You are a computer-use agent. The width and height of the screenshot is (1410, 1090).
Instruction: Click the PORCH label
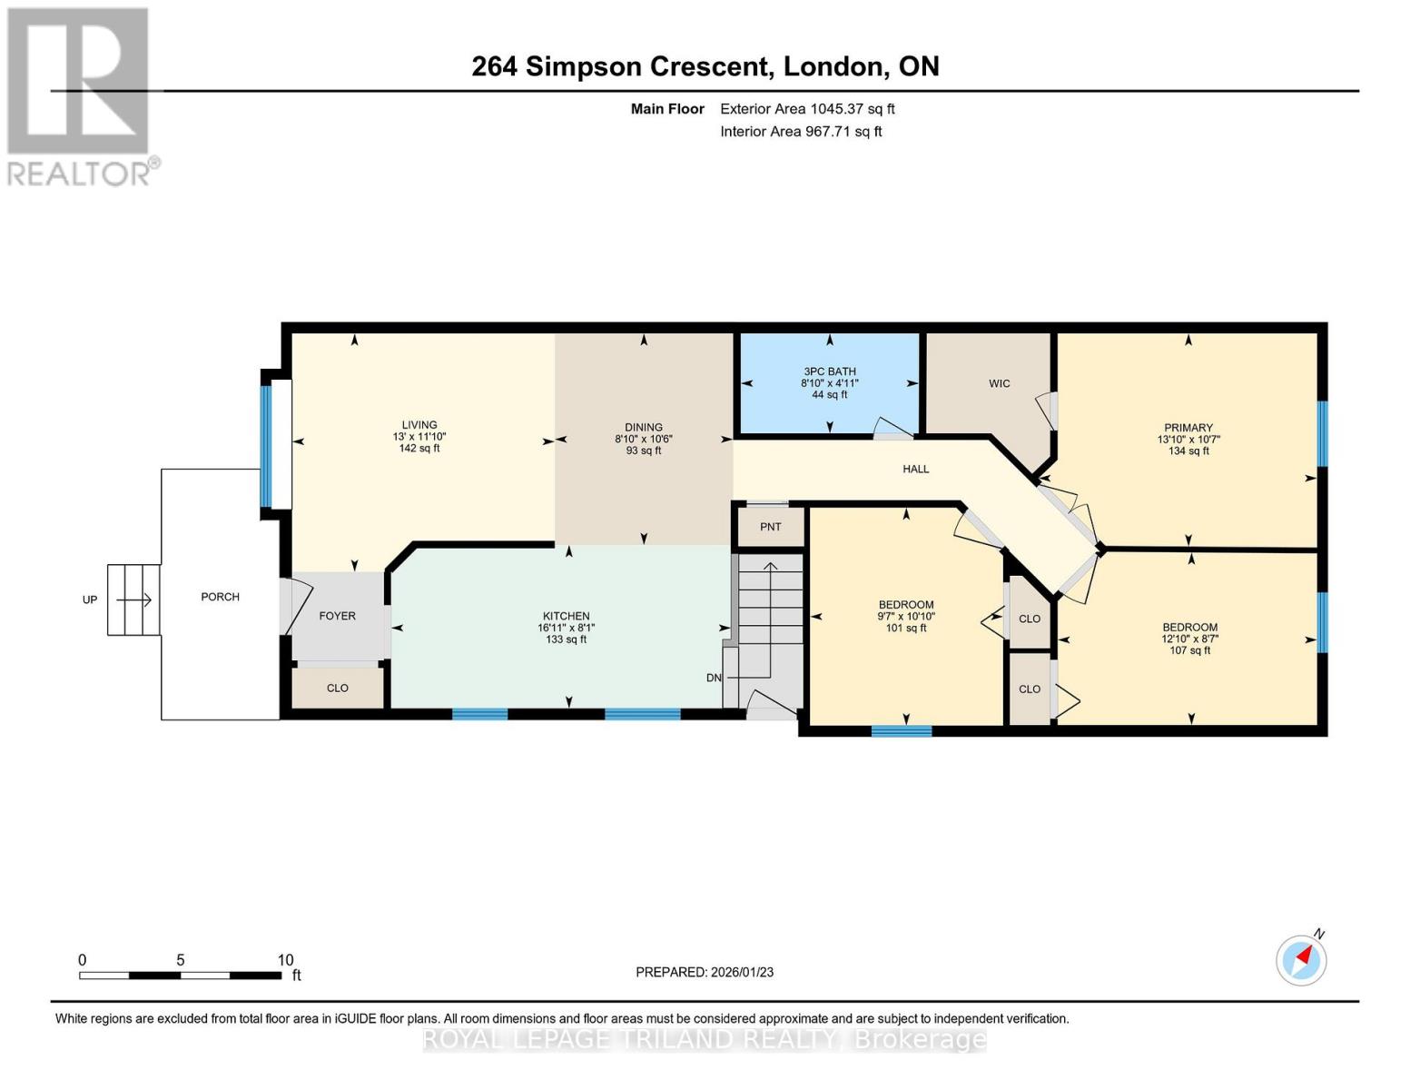coord(220,597)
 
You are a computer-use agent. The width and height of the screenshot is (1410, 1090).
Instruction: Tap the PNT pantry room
coord(771,527)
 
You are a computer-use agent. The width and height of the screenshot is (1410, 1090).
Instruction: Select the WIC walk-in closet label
coord(1000,383)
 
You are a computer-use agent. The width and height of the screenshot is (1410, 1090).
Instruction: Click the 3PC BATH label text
coord(830,372)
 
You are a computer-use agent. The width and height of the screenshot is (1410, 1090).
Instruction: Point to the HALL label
coord(915,469)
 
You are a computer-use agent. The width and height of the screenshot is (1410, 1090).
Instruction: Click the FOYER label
coord(338,616)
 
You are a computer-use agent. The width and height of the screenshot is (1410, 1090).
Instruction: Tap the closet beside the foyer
coord(338,688)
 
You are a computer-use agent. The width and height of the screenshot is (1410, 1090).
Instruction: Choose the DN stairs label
coord(714,678)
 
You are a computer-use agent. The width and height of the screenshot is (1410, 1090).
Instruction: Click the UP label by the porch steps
coord(90,599)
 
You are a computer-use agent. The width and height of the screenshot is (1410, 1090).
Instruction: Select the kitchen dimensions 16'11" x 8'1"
coord(567,628)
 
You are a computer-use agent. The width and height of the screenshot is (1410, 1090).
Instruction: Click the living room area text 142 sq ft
coord(419,448)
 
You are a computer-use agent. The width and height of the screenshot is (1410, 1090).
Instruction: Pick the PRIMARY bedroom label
coord(1188,428)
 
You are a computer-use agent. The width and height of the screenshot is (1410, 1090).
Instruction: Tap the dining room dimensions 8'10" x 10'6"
coord(644,439)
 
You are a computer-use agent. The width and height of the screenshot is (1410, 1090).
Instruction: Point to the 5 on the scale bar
coord(181,959)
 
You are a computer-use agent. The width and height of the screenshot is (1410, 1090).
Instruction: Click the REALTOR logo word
coord(79,173)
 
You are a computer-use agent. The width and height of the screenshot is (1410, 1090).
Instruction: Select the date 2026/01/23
coord(743,973)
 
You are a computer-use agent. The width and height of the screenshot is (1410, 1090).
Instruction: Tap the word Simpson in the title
coord(583,66)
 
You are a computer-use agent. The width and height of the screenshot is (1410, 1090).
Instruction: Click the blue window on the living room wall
coord(265,446)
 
